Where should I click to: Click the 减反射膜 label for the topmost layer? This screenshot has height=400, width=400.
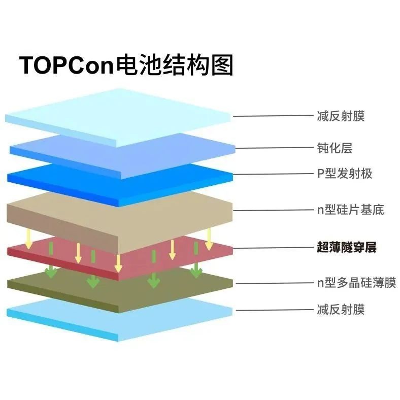340,116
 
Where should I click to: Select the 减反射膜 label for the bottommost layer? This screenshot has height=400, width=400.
340,309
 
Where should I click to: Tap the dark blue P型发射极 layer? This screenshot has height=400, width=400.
76,178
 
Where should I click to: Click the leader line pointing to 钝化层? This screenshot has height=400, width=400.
274,148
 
